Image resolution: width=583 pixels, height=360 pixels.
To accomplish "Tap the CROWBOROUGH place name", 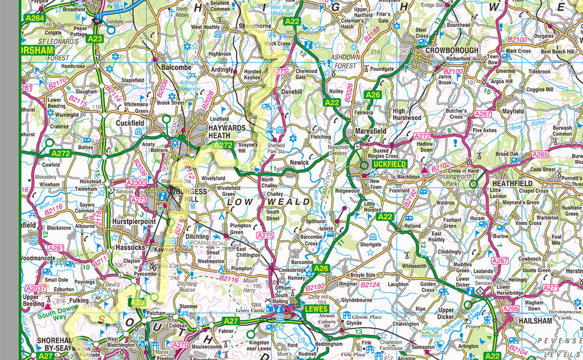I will click(451, 50).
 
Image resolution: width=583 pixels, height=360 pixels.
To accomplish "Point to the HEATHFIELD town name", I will click(512, 183).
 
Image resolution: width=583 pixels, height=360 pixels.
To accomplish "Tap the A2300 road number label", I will click(137, 183).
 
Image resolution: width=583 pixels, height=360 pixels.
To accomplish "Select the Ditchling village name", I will click(197, 237).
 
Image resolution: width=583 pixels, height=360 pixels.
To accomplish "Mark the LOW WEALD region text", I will click(269, 202).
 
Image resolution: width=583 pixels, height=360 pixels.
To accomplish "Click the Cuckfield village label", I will click(130, 123).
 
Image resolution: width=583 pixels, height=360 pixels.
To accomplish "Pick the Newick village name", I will click(299, 163).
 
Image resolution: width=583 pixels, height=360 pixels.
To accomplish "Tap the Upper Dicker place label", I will click(446, 314).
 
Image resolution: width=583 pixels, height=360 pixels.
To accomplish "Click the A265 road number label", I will click(540, 154).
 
